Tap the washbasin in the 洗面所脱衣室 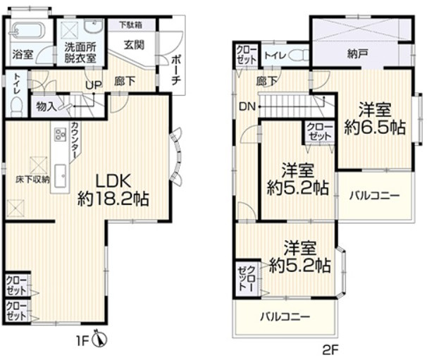(x=93, y=27)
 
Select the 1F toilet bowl (x=17, y=107)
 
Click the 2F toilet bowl (x=298, y=55)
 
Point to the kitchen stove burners (x=60, y=135)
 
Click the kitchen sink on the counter (x=61, y=176)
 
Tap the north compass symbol (x=99, y=340)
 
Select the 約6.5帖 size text (x=375, y=128)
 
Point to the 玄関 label (x=134, y=44)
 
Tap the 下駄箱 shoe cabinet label (x=131, y=25)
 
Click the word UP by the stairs (x=94, y=85)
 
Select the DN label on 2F (x=247, y=107)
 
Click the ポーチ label (x=176, y=70)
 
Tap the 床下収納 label (x=33, y=180)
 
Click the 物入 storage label (x=47, y=107)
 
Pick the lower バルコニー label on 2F (x=285, y=317)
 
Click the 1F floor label (x=82, y=341)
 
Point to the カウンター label (x=74, y=140)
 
